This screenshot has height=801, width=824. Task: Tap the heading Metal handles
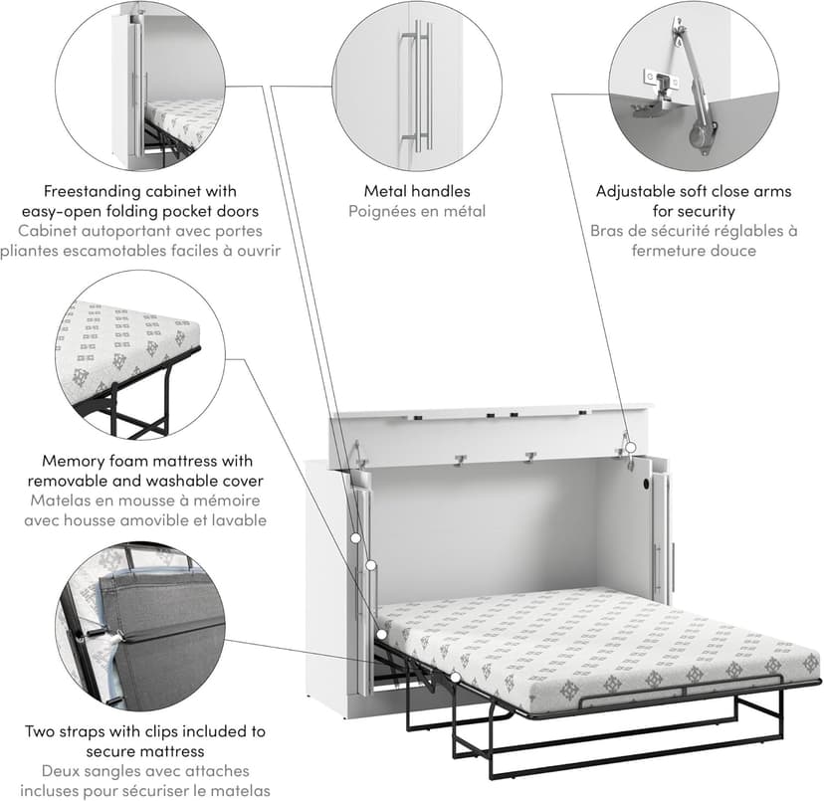point(417,191)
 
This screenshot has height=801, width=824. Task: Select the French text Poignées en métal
point(417,211)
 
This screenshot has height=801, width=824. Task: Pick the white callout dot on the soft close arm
point(631,448)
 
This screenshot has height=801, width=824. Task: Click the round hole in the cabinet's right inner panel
point(647,483)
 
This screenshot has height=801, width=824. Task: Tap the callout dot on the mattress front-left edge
point(456,678)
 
